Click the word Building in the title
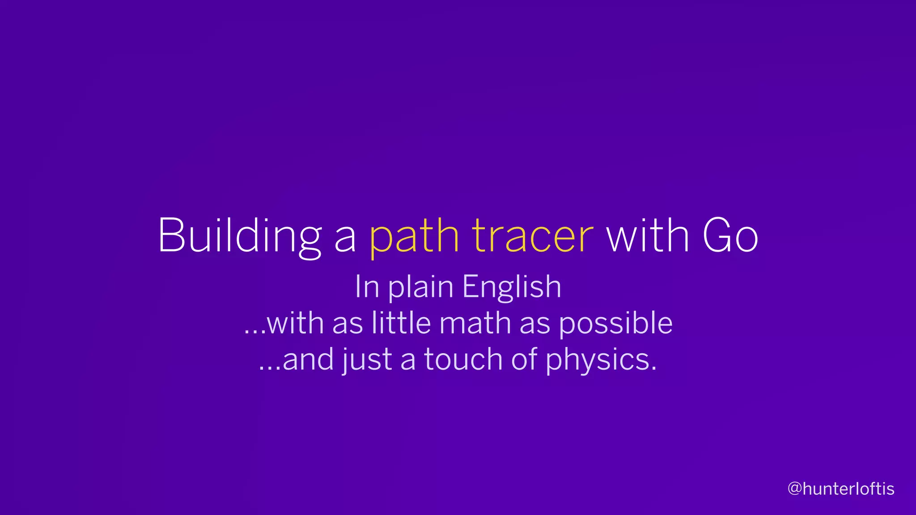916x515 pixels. (239, 236)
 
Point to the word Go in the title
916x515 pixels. (730, 236)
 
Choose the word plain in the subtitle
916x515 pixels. (420, 287)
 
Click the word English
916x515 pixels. (512, 287)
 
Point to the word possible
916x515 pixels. (616, 323)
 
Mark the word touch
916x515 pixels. (463, 359)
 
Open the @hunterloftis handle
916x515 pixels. (841, 489)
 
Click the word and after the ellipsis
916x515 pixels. (308, 359)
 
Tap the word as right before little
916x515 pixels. (348, 323)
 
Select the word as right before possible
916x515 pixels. (535, 323)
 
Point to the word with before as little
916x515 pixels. (295, 323)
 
